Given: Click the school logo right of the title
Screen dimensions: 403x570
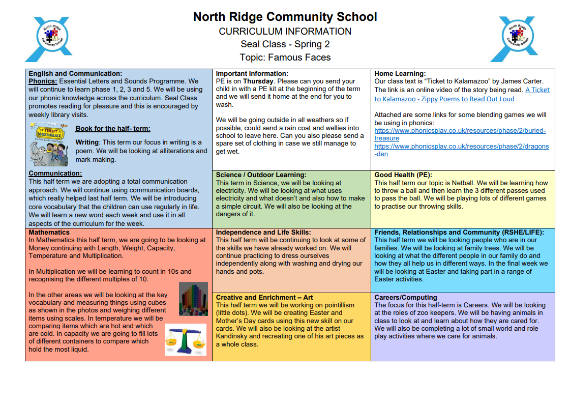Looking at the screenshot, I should pyautogui.click(x=518, y=39).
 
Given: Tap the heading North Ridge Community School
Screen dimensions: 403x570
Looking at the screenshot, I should pyautogui.click(x=285, y=17).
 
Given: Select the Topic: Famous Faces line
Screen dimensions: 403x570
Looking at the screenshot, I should pyautogui.click(x=285, y=57).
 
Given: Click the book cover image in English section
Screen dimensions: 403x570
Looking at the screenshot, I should pyautogui.click(x=50, y=145).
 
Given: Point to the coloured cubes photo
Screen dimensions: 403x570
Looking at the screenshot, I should pyautogui.click(x=193, y=299).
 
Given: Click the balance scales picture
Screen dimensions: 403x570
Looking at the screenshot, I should pyautogui.click(x=186, y=339).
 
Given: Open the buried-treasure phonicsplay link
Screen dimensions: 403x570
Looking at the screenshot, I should pyautogui.click(x=460, y=134).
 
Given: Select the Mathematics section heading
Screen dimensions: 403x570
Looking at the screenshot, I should pyautogui.click(x=49, y=233).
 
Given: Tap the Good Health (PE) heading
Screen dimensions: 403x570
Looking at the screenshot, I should pyautogui.click(x=403, y=175).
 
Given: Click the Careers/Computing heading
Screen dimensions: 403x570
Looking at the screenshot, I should pyautogui.click(x=405, y=298).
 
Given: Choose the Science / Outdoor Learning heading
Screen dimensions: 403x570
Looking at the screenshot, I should pyautogui.click(x=261, y=175).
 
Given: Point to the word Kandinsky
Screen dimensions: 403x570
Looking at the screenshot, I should pyautogui.click(x=234, y=336).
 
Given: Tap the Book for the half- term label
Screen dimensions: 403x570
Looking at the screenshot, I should pyautogui.click(x=113, y=129).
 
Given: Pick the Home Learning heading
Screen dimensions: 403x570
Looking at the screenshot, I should pyautogui.click(x=400, y=74).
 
